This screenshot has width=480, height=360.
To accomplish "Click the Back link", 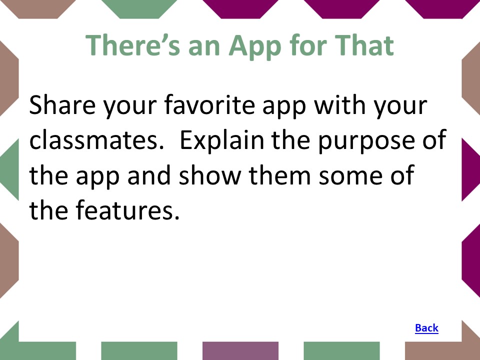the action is (x=426, y=328).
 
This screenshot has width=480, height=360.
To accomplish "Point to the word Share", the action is (x=62, y=104).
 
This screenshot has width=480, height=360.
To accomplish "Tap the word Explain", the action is (x=222, y=140).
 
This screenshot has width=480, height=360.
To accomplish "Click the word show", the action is (x=209, y=175).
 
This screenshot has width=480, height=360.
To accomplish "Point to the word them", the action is (x=280, y=175).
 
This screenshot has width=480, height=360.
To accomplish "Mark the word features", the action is (x=127, y=209).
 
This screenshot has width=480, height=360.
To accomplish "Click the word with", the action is (x=340, y=104).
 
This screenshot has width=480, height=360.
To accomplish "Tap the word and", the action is (x=149, y=175).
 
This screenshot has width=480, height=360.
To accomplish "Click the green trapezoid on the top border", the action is (x=139, y=9).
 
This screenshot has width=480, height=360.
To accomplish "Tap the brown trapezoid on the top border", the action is (x=38, y=9).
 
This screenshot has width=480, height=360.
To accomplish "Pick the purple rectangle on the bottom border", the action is (x=240, y=351).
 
